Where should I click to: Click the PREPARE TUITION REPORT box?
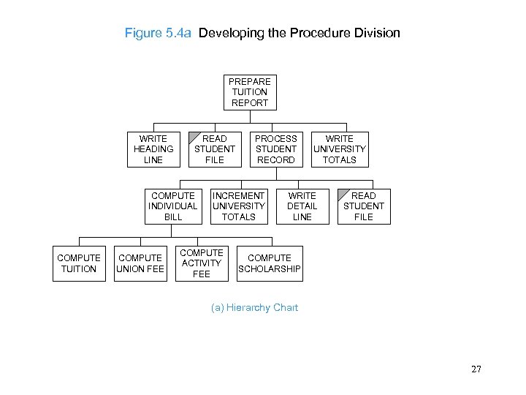(x=249, y=92)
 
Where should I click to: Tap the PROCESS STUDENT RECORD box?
(x=276, y=148)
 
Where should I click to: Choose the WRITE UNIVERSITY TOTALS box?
(x=339, y=148)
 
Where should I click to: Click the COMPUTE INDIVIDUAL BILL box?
(x=173, y=206)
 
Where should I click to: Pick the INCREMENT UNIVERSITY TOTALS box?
(x=238, y=206)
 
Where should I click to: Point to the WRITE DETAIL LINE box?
(x=302, y=206)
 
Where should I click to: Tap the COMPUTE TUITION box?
(x=79, y=263)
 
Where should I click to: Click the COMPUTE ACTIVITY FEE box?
(x=201, y=263)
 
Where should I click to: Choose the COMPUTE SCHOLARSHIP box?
(x=269, y=263)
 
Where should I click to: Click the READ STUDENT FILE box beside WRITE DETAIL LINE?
(x=363, y=206)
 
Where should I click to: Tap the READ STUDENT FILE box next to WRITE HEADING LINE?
(x=214, y=148)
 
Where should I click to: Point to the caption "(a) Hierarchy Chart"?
(x=254, y=308)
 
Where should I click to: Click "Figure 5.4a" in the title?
(x=158, y=34)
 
